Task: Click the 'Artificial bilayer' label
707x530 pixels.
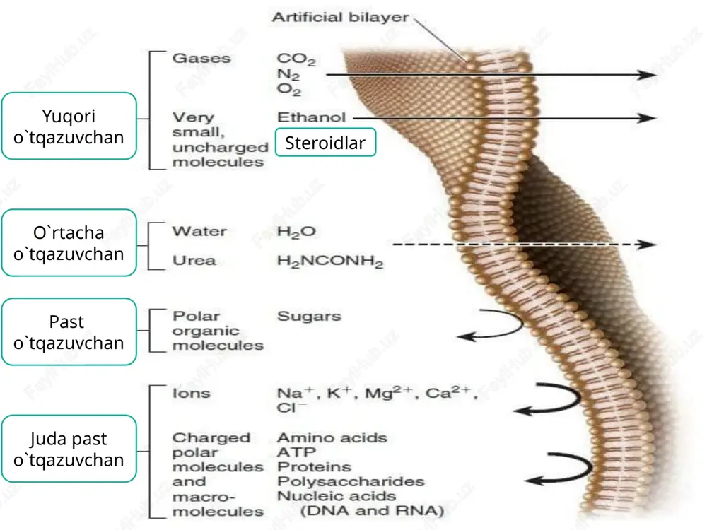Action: tap(340, 17)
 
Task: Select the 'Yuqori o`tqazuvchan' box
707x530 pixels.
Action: tap(69, 126)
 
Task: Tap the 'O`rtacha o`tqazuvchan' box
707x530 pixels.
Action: tap(69, 243)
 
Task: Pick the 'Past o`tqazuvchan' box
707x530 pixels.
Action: tap(69, 331)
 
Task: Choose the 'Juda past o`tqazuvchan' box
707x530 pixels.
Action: tap(69, 449)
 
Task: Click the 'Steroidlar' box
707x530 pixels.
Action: tap(325, 143)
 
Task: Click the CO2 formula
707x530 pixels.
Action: tap(296, 59)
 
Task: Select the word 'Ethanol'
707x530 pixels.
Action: tap(311, 117)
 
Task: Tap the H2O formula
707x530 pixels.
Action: tap(296, 232)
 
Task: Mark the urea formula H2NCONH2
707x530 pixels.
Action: tap(330, 261)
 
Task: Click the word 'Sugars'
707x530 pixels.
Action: tap(309, 317)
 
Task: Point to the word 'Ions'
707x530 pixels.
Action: tap(191, 393)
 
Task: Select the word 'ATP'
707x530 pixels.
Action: tap(296, 452)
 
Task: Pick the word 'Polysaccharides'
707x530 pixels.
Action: tap(351, 481)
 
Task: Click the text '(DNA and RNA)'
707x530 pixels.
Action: tap(372, 511)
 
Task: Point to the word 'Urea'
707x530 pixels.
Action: tap(194, 261)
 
